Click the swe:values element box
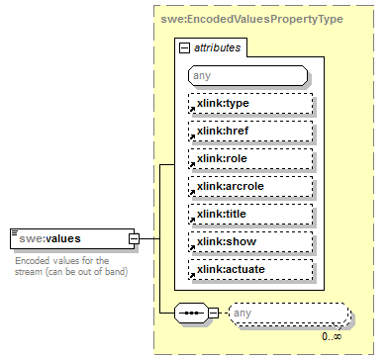(x=69, y=238)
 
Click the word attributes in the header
(x=216, y=46)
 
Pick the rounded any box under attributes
(x=246, y=74)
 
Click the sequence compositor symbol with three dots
(x=190, y=314)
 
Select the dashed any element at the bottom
(x=289, y=315)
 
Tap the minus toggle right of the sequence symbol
(x=215, y=314)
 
